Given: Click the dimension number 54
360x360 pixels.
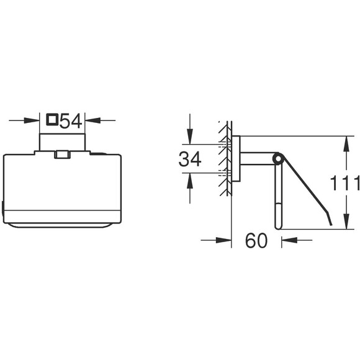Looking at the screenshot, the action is point(71,121).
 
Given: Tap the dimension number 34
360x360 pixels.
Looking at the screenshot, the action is point(190,159).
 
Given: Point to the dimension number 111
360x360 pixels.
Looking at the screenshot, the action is point(344,183).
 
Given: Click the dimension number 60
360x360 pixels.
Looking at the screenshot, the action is point(256,240).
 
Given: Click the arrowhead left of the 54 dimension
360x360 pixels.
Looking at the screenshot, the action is point(32,120).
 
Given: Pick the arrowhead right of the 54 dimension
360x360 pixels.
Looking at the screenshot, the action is point(93,120).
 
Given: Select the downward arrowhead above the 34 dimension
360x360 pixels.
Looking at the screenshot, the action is point(190,137).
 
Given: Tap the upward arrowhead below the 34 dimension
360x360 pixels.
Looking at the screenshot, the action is point(190,181).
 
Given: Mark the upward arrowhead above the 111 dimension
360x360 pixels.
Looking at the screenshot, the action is point(346,144).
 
